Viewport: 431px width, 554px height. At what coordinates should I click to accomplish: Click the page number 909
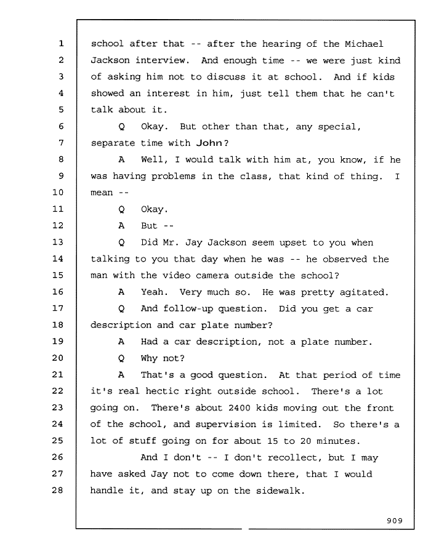tap(395, 520)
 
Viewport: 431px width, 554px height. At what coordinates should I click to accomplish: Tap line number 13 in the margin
tap(58, 242)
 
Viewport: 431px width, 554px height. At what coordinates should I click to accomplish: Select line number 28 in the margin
tap(58, 490)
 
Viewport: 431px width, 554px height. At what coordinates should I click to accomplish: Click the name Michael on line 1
tap(364, 44)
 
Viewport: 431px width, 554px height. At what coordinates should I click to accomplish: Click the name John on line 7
tap(209, 143)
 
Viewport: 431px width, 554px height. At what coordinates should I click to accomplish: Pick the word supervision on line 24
tap(225, 424)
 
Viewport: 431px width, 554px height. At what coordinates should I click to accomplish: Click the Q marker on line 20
tap(121, 358)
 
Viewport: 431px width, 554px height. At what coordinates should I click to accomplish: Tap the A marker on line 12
tap(121, 225)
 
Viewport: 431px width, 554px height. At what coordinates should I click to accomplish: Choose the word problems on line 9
tap(173, 176)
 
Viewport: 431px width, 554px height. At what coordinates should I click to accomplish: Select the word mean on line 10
tap(102, 193)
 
